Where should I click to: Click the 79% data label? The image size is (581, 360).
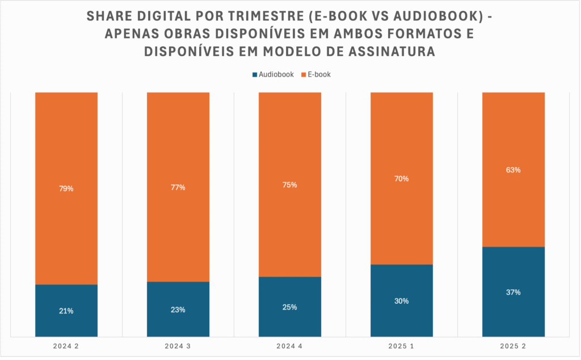[66, 189]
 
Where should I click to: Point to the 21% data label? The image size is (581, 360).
[66, 311]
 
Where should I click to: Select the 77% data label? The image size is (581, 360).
[178, 188]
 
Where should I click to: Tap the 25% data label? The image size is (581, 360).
[290, 307]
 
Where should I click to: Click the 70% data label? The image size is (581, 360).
[402, 179]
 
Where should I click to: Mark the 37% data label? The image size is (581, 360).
[513, 292]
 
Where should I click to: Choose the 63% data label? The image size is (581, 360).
[513, 170]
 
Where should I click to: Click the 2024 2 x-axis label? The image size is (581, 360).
[66, 346]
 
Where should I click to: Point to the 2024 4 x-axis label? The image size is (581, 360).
[290, 346]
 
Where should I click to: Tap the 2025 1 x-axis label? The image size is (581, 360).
[402, 346]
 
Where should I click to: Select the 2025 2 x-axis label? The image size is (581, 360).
[513, 346]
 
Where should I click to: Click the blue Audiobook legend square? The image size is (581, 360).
[255, 74]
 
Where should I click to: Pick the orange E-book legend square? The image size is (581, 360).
[304, 74]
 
